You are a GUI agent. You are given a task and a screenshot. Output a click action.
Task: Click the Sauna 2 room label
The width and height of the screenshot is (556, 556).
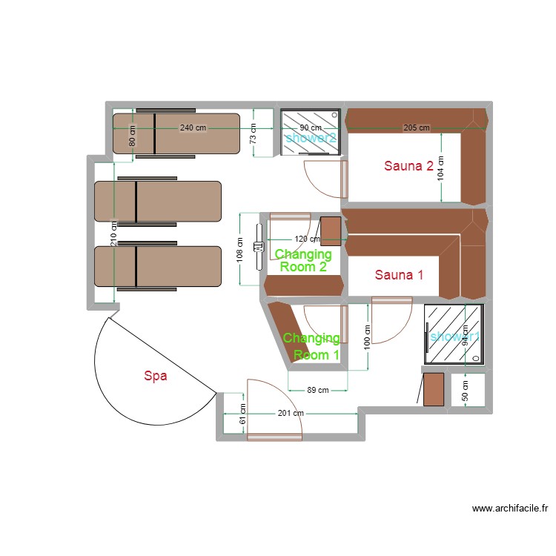tap(408, 166)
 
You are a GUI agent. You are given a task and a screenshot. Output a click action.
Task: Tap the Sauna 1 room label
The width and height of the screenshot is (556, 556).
tap(399, 275)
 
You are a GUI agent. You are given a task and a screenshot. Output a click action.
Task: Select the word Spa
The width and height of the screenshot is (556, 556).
tap(156, 376)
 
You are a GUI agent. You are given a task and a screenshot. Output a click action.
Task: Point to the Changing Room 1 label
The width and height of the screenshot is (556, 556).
tap(311, 346)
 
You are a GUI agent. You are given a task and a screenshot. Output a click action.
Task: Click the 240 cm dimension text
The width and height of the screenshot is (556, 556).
tap(193, 128)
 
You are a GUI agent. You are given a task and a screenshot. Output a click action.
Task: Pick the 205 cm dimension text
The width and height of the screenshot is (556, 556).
tap(416, 128)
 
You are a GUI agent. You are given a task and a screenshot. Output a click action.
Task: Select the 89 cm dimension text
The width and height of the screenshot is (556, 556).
tap(317, 390)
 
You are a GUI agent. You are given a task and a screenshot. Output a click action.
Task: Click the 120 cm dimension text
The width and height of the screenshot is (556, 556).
tap(307, 239)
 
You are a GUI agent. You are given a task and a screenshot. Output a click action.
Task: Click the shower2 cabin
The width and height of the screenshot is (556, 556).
tap(311, 133)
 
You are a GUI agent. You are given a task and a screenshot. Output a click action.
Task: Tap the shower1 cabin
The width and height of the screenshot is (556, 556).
tap(453, 335)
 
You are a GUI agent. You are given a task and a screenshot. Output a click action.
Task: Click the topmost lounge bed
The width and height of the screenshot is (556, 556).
tap(176, 133)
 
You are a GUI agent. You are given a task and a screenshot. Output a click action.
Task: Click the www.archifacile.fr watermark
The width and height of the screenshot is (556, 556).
tap(510, 509)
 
